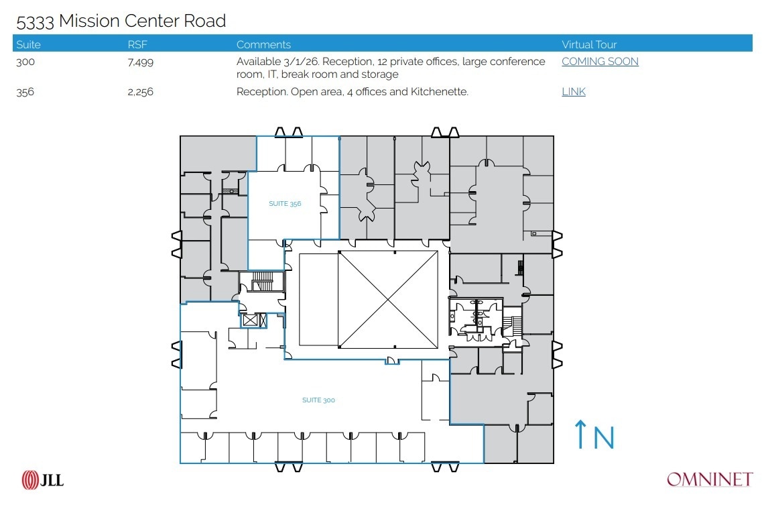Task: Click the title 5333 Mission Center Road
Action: [x=121, y=21]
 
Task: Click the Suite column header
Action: [x=28, y=44]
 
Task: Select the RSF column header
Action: [x=137, y=44]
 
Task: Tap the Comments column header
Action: [x=263, y=44]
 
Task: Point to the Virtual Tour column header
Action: [x=589, y=44]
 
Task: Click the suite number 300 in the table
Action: [x=25, y=62]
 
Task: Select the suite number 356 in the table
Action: [x=25, y=92]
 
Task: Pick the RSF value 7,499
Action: [x=140, y=62]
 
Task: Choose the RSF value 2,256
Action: [x=140, y=92]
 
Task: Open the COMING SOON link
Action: [x=600, y=62]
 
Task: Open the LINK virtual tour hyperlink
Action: [x=574, y=92]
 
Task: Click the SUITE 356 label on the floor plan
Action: [x=285, y=204]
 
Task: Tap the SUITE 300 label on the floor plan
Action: [x=318, y=400]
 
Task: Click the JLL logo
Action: [x=43, y=479]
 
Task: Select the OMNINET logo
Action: [x=710, y=479]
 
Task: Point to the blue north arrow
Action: [x=580, y=435]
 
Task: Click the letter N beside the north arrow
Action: [x=604, y=438]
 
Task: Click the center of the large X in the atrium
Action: [x=388, y=300]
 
